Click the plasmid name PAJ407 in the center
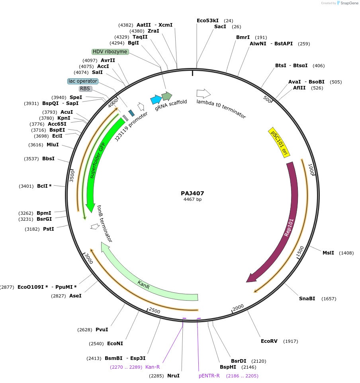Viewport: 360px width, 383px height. tap(192, 193)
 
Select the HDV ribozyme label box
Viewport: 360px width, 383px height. tap(110, 52)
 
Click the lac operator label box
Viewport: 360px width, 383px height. tap(82, 81)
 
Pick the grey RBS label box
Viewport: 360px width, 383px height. tap(85, 89)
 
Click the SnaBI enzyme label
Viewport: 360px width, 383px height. tap(307, 299)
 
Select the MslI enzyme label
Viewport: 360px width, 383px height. tap(328, 253)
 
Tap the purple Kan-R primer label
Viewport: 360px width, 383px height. tap(153, 367)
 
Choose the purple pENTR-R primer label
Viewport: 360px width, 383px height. tap(209, 376)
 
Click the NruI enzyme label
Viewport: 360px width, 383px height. tap(173, 376)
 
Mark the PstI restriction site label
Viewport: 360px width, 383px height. tap(48, 229)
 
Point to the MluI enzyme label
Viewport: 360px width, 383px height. tap(53, 145)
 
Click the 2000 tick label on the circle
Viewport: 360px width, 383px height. tap(238, 307)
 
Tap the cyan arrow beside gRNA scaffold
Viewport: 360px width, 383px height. tap(156, 99)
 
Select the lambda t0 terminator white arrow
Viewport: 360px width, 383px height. tap(203, 93)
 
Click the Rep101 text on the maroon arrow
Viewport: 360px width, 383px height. tap(289, 227)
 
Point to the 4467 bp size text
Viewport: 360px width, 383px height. tap(192, 200)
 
